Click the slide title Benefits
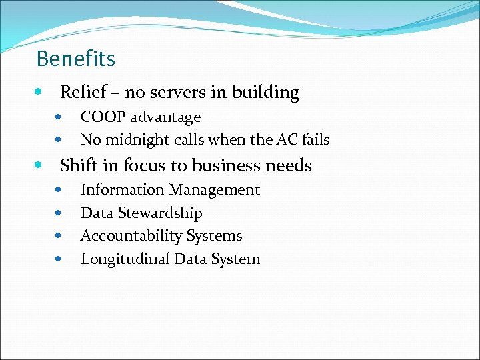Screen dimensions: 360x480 tap(75, 59)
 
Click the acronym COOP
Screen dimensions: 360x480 tap(103, 117)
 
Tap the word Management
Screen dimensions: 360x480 tap(214, 190)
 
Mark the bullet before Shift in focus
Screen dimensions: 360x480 tap(41, 165)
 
